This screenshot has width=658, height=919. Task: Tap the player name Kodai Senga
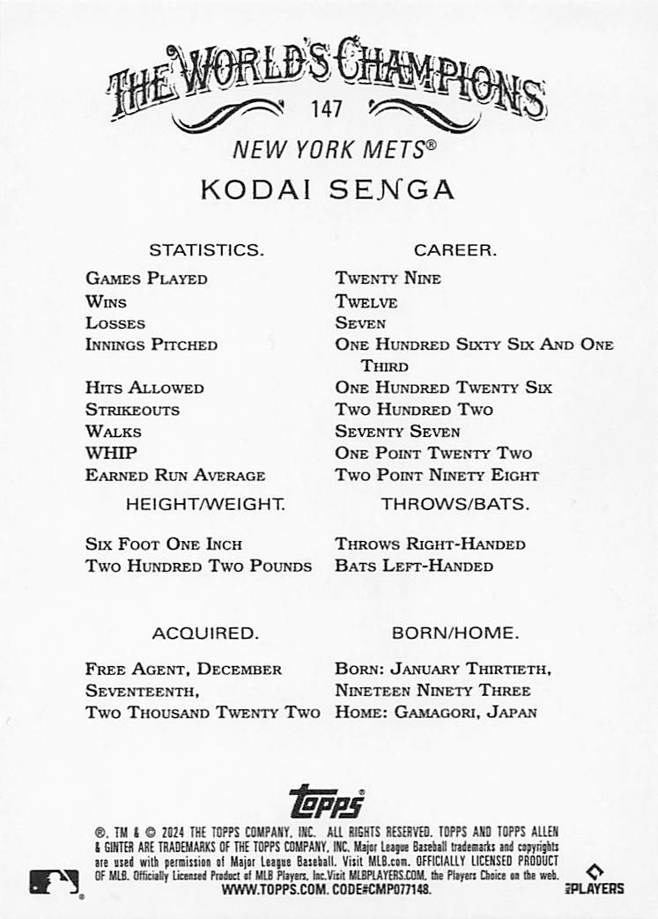click(x=327, y=189)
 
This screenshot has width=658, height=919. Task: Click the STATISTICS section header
click(x=206, y=250)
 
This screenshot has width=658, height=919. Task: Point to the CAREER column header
click(x=455, y=250)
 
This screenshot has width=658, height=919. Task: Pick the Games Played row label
click(x=146, y=278)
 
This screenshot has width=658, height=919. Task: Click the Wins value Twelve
click(x=366, y=301)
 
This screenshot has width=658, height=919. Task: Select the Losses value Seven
click(x=360, y=323)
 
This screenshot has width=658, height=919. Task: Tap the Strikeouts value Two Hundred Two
click(x=414, y=410)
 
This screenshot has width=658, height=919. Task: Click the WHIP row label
click(x=111, y=453)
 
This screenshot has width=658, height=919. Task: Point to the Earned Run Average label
click(x=175, y=475)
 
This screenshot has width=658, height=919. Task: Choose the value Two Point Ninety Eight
click(x=437, y=475)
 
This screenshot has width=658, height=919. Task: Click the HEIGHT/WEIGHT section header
click(x=206, y=505)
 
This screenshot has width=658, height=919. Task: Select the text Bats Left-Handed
click(x=414, y=566)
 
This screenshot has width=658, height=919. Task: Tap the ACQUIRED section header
click(x=205, y=633)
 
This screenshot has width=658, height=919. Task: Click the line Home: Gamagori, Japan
click(x=436, y=712)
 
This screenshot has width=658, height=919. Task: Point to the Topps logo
click(x=327, y=801)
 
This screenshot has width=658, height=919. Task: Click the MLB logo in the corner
click(x=55, y=882)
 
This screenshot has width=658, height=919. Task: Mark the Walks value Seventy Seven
click(x=397, y=432)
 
